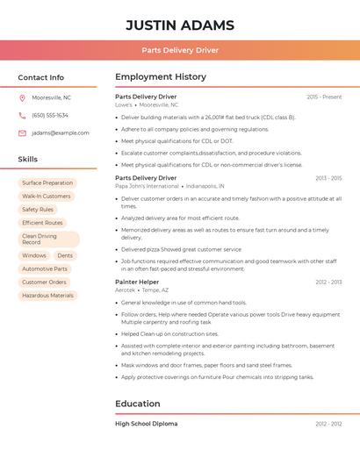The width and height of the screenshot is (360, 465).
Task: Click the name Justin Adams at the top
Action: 180,25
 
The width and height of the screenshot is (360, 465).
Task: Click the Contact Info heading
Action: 41,77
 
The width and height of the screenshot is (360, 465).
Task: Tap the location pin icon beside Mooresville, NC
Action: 22,98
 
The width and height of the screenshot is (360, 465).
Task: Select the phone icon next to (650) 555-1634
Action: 22,115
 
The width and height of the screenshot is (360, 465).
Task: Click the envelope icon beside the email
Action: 22,133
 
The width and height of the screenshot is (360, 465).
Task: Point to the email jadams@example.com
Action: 61,133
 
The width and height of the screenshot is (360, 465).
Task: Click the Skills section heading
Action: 28,160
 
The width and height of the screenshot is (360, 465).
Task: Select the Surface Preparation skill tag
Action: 47,183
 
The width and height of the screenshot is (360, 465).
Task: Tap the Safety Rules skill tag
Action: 38,210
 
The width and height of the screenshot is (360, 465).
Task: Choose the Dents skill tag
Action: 65,256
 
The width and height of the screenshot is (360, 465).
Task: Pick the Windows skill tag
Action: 34,256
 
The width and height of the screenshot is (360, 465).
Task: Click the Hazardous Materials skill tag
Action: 47,296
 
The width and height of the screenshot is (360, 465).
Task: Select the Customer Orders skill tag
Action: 44,283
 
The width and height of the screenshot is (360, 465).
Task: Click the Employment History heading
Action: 161,77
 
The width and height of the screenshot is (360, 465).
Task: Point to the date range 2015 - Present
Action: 324,97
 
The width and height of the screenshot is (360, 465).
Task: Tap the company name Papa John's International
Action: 147,186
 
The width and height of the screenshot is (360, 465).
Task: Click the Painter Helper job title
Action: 137,283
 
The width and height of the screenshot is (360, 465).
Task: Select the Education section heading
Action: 138,404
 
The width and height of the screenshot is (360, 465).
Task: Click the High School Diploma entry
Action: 146,424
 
